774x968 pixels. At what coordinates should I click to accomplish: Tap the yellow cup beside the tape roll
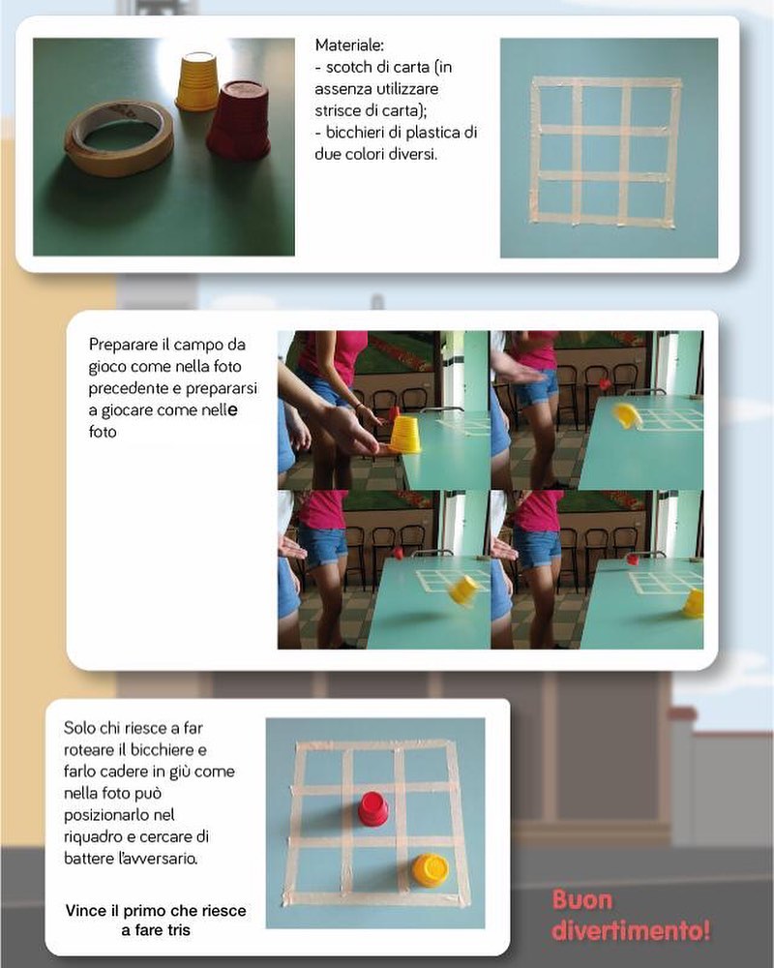tap(197, 81)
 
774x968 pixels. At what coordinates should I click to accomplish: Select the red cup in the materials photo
tap(238, 118)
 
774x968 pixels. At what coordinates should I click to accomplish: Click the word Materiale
tap(349, 45)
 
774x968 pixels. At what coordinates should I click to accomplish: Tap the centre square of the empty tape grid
tap(602, 153)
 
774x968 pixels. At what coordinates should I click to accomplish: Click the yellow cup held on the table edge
tap(405, 434)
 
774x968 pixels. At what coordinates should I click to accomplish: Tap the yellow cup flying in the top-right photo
tap(626, 415)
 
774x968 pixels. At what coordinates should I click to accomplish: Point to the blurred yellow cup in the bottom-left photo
tap(464, 590)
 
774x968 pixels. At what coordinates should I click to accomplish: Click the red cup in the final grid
tap(373, 807)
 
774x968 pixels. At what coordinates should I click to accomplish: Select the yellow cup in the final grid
tap(431, 870)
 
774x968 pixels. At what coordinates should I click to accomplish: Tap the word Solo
tap(79, 728)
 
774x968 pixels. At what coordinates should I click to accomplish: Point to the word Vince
tap(86, 911)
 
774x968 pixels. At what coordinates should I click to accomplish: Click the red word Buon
tap(582, 900)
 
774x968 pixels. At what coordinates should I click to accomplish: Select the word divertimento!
tap(630, 930)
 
